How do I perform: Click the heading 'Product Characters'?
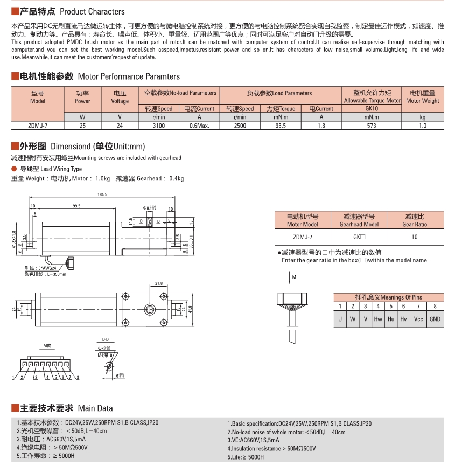92,11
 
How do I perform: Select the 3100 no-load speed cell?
158,126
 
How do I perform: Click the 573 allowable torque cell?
372,126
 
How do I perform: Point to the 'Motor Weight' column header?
422,101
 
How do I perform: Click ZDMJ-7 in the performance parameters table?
38,126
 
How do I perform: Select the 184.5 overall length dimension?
102,194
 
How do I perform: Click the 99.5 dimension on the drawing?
76,205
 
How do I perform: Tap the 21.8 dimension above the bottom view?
158,283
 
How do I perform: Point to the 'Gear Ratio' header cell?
415,224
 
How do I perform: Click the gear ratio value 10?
415,237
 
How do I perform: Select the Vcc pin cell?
418,319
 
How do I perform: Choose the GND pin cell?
435,319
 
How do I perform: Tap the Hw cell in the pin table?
378,319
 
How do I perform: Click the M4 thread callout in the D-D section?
104,355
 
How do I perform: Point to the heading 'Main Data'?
95,408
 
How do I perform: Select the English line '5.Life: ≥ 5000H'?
246,457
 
